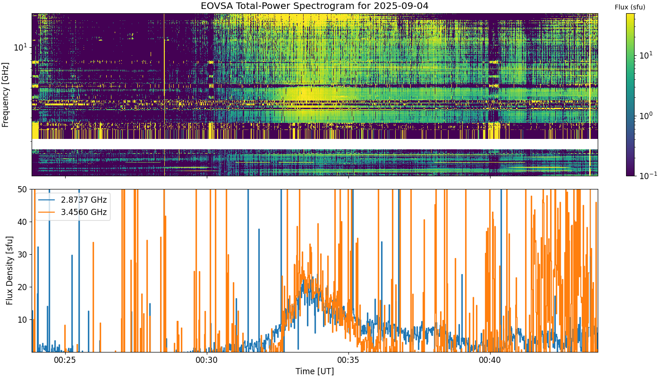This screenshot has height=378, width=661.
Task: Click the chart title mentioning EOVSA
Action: (x=314, y=6)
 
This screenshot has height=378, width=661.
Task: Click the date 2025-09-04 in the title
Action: (x=401, y=6)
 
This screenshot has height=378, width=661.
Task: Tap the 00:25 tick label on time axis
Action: (x=65, y=360)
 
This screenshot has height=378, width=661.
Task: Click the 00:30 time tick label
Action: (x=207, y=360)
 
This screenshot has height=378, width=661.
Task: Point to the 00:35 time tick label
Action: (x=348, y=360)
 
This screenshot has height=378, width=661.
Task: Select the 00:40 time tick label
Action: (x=490, y=360)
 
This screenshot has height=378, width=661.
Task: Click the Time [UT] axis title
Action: (x=314, y=371)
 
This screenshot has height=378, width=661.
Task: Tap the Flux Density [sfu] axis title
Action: (x=9, y=270)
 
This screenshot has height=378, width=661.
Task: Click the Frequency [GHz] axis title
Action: (x=5, y=95)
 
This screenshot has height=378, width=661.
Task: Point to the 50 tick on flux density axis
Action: (x=23, y=189)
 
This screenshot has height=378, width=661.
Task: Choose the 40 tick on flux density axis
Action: (x=23, y=222)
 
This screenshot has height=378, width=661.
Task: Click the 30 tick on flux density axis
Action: (x=23, y=255)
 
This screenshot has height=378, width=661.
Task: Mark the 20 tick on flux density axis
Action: (x=23, y=287)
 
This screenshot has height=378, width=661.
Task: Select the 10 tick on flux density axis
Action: (x=23, y=320)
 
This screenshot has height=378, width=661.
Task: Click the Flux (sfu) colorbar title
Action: (x=630, y=8)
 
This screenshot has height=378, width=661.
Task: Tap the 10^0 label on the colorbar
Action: (x=645, y=115)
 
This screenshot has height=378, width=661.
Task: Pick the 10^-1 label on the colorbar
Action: (x=648, y=176)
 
